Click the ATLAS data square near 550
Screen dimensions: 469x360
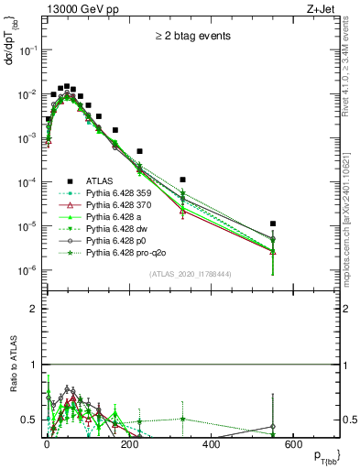click(x=273, y=224)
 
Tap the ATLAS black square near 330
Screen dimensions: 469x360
click(x=183, y=180)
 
